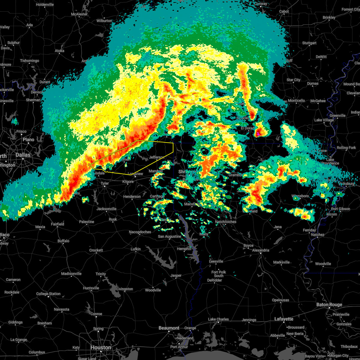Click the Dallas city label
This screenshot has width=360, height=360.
pos(23,155)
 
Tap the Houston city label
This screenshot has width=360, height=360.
pos(101,347)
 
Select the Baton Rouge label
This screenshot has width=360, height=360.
pos(329,304)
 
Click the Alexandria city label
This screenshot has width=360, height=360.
pos(260,250)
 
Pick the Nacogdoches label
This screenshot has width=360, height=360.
pos(140,232)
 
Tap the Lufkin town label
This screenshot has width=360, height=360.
pos(136,249)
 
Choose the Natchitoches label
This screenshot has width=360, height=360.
pos(226,222)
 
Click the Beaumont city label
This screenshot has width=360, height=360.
pos(169,328)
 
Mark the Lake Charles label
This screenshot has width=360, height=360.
pos(219,319)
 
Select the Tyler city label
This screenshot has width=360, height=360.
pos(105,183)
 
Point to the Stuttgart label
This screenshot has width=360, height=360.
pos(309,43)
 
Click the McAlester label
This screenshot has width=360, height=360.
pos(79,14)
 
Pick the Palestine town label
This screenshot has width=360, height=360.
pos(86,222)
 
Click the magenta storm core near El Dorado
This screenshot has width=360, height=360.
pos(258,133)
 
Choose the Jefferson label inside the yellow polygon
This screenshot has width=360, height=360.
pos(157,157)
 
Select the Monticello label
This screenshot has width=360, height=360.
pos(296,100)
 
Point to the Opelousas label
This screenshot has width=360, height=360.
pos(280,300)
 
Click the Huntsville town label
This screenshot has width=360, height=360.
pos(91,288)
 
